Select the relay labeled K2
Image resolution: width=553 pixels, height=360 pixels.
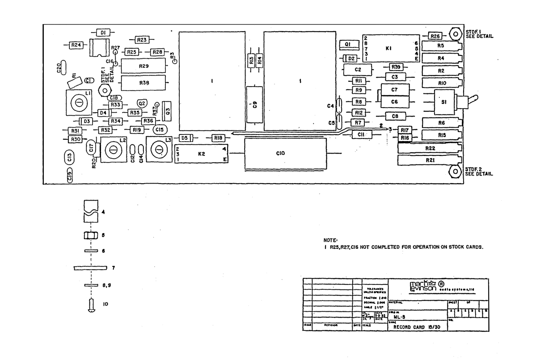pos(202,154)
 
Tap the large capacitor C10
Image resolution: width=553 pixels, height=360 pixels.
pos(285,153)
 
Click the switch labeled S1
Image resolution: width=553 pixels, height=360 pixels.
pos(444,102)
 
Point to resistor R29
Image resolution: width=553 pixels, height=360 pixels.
pos(144,66)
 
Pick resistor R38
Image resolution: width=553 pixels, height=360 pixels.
pos(144,83)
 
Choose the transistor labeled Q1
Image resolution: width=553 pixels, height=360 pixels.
pos(348,44)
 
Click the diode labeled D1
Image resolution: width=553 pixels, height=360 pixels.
pos(103,33)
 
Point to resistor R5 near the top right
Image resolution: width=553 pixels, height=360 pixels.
pos(440,46)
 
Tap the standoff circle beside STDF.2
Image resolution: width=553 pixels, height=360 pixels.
pos(455,171)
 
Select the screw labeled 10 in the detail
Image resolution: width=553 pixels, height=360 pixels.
pos(91,305)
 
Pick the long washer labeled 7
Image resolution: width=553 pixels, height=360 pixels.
pos(91,268)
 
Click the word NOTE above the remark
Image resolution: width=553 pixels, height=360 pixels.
pos(329,240)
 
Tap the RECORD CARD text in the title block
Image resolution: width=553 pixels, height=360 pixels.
pos(412,327)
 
